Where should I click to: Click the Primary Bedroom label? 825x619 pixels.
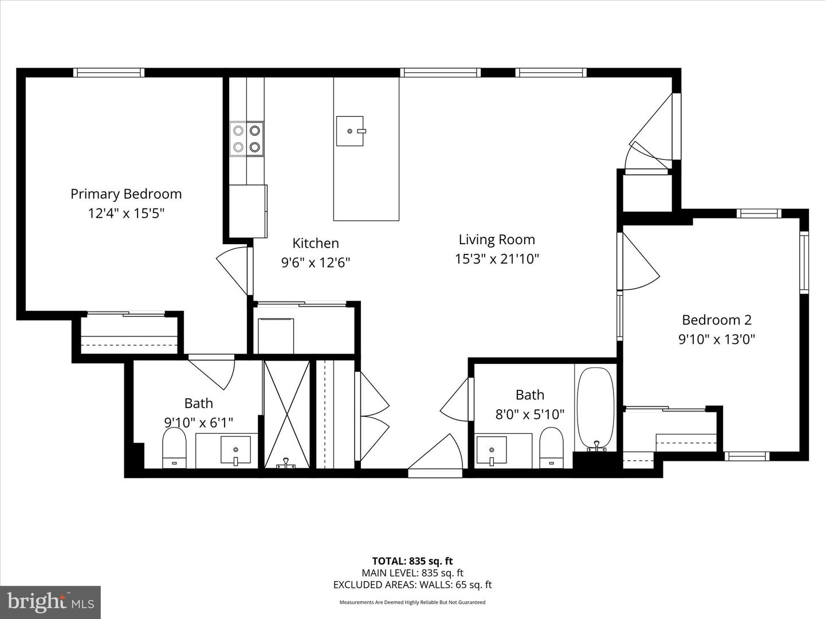(126, 194)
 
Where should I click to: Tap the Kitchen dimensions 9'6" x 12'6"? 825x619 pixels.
(315, 263)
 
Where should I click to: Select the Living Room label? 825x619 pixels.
(497, 240)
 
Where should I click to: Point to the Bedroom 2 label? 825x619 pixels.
(716, 320)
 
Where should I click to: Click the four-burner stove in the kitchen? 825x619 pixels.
(247, 139)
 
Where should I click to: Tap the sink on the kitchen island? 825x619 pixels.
(349, 131)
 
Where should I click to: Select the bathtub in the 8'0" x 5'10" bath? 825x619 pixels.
(595, 408)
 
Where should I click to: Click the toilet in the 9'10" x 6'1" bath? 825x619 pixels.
(175, 448)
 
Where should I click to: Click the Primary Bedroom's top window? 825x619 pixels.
(108, 73)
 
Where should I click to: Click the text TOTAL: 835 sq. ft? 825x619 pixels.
(412, 561)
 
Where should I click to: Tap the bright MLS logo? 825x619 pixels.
(50, 602)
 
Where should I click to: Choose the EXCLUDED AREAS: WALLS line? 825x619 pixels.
(412, 585)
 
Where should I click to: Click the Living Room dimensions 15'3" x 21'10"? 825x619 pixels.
(497, 259)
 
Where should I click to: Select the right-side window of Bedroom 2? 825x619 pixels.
(804, 263)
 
